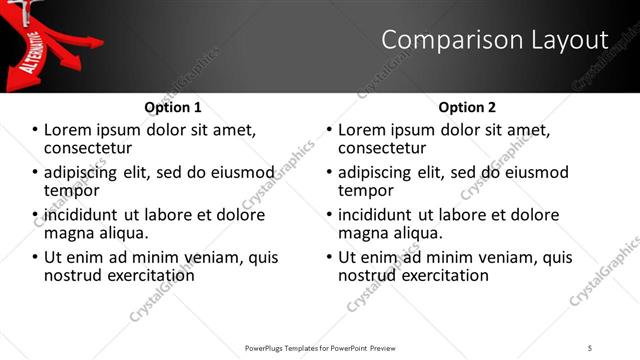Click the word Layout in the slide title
click(573, 40)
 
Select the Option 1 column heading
click(173, 107)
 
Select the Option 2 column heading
click(467, 107)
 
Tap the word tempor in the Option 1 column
click(69, 191)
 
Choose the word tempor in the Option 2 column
click(363, 191)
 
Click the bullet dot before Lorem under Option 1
click(36, 130)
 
